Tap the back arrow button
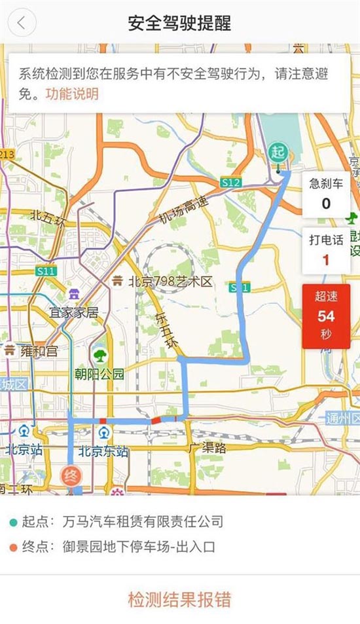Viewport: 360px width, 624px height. pos(22,23)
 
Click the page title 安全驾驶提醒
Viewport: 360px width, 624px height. pos(179,23)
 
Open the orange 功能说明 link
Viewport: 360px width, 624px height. pos(72,94)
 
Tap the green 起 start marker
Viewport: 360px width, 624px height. pos(279,153)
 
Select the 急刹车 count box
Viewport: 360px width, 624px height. pos(326,194)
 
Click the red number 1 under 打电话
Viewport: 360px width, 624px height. pos(326,260)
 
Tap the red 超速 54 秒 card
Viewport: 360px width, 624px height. pos(326,316)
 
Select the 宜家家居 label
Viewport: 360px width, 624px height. pos(75,312)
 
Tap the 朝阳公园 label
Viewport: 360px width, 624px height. pos(99,375)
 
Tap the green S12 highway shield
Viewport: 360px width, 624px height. pos(230,183)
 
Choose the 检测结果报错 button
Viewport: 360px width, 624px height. pos(179,598)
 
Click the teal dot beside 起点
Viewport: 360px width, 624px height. pos(13,523)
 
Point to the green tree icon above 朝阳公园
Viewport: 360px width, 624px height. pos(99,356)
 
